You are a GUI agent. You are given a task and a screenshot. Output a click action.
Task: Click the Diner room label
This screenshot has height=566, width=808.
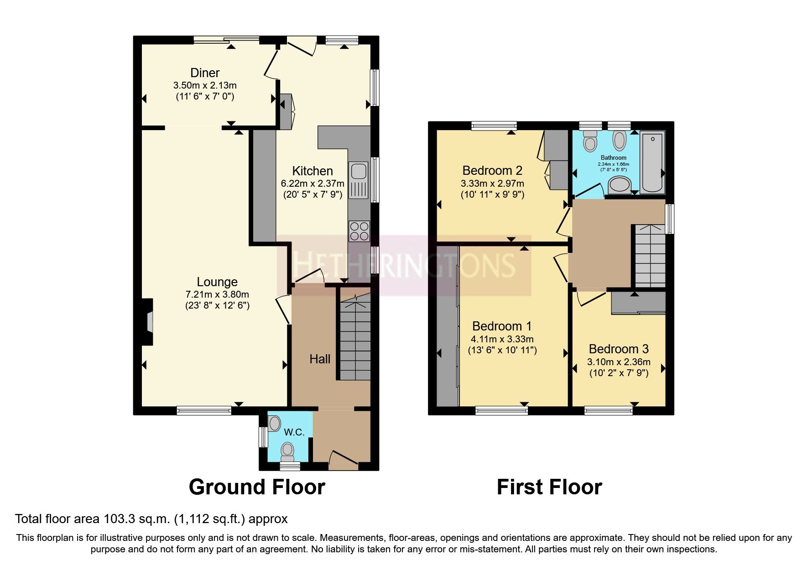pyautogui.click(x=205, y=73)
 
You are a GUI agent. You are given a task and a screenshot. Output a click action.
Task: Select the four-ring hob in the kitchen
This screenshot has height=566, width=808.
pyautogui.click(x=359, y=231)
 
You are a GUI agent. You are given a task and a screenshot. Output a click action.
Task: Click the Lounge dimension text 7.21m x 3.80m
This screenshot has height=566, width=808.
pyautogui.click(x=217, y=294)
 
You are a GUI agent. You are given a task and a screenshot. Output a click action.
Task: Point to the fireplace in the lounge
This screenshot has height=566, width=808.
pyautogui.click(x=147, y=321)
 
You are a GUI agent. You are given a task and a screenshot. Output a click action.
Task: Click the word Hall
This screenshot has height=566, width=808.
pyautogui.click(x=320, y=359)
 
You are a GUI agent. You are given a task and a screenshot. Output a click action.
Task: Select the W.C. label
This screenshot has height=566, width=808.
pyautogui.click(x=294, y=432)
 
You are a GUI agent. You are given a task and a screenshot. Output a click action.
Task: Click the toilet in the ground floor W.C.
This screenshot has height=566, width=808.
pyautogui.click(x=287, y=451)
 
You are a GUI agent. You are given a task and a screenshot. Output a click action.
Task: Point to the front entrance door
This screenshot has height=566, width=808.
pyautogui.click(x=343, y=460)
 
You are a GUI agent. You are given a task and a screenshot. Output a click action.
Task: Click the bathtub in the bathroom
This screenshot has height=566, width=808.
pyautogui.click(x=652, y=162)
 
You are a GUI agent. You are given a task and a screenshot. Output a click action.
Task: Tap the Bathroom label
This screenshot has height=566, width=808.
pyautogui.click(x=613, y=157)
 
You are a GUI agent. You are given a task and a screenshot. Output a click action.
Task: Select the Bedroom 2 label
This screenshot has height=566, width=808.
pyautogui.click(x=492, y=171)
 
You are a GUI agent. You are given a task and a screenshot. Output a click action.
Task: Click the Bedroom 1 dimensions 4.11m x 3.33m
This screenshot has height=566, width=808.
pyautogui.click(x=502, y=339)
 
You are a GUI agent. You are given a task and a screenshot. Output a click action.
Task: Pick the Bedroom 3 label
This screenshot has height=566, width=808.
pyautogui.click(x=618, y=349)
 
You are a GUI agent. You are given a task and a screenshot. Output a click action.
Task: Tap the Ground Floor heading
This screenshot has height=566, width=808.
pyautogui.click(x=256, y=487)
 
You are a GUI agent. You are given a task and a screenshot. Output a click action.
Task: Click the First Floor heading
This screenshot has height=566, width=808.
pyautogui.click(x=549, y=487)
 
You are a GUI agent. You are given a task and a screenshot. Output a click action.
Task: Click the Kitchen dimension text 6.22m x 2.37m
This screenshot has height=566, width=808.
pyautogui.click(x=313, y=183)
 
